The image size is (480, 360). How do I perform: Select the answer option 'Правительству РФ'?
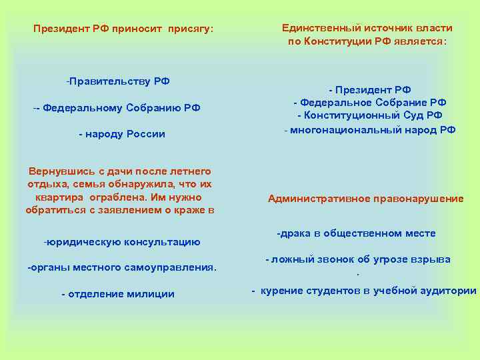pos(119,81)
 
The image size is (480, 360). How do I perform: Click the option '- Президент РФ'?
pos(369,89)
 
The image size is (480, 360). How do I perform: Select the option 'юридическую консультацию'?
pos(123,241)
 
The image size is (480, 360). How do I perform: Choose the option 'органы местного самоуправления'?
pos(123,267)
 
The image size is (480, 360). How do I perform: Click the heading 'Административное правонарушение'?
pos(365,199)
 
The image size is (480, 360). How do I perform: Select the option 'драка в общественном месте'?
pos(357,233)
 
